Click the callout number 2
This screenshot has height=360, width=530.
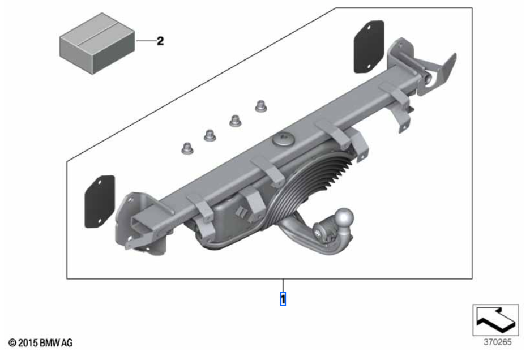[160, 41]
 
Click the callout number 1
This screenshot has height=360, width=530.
[283, 299]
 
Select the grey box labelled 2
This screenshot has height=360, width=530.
[97, 43]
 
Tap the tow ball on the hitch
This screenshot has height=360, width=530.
[345, 216]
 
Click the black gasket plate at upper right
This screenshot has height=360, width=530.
[369, 46]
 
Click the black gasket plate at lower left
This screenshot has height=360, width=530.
[100, 201]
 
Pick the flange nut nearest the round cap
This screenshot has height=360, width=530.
[260, 106]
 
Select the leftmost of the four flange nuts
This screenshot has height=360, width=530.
[187, 148]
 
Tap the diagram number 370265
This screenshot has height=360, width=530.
[498, 342]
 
